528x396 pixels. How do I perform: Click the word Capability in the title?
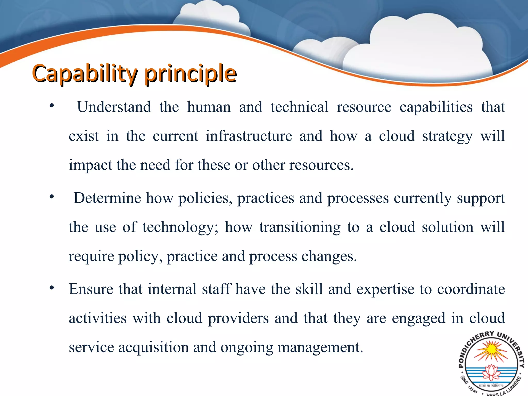[x=85, y=73]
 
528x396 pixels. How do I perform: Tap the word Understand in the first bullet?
[x=114, y=107]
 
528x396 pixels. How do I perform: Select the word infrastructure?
[x=249, y=136]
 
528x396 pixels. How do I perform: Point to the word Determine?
[x=107, y=198]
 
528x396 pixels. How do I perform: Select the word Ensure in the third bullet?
[x=91, y=289]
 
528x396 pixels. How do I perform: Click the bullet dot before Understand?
[x=52, y=106]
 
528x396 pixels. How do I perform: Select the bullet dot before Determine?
[x=52, y=197]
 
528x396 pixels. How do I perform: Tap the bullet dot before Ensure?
[x=52, y=288]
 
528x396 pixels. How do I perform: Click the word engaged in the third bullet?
[x=418, y=318]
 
